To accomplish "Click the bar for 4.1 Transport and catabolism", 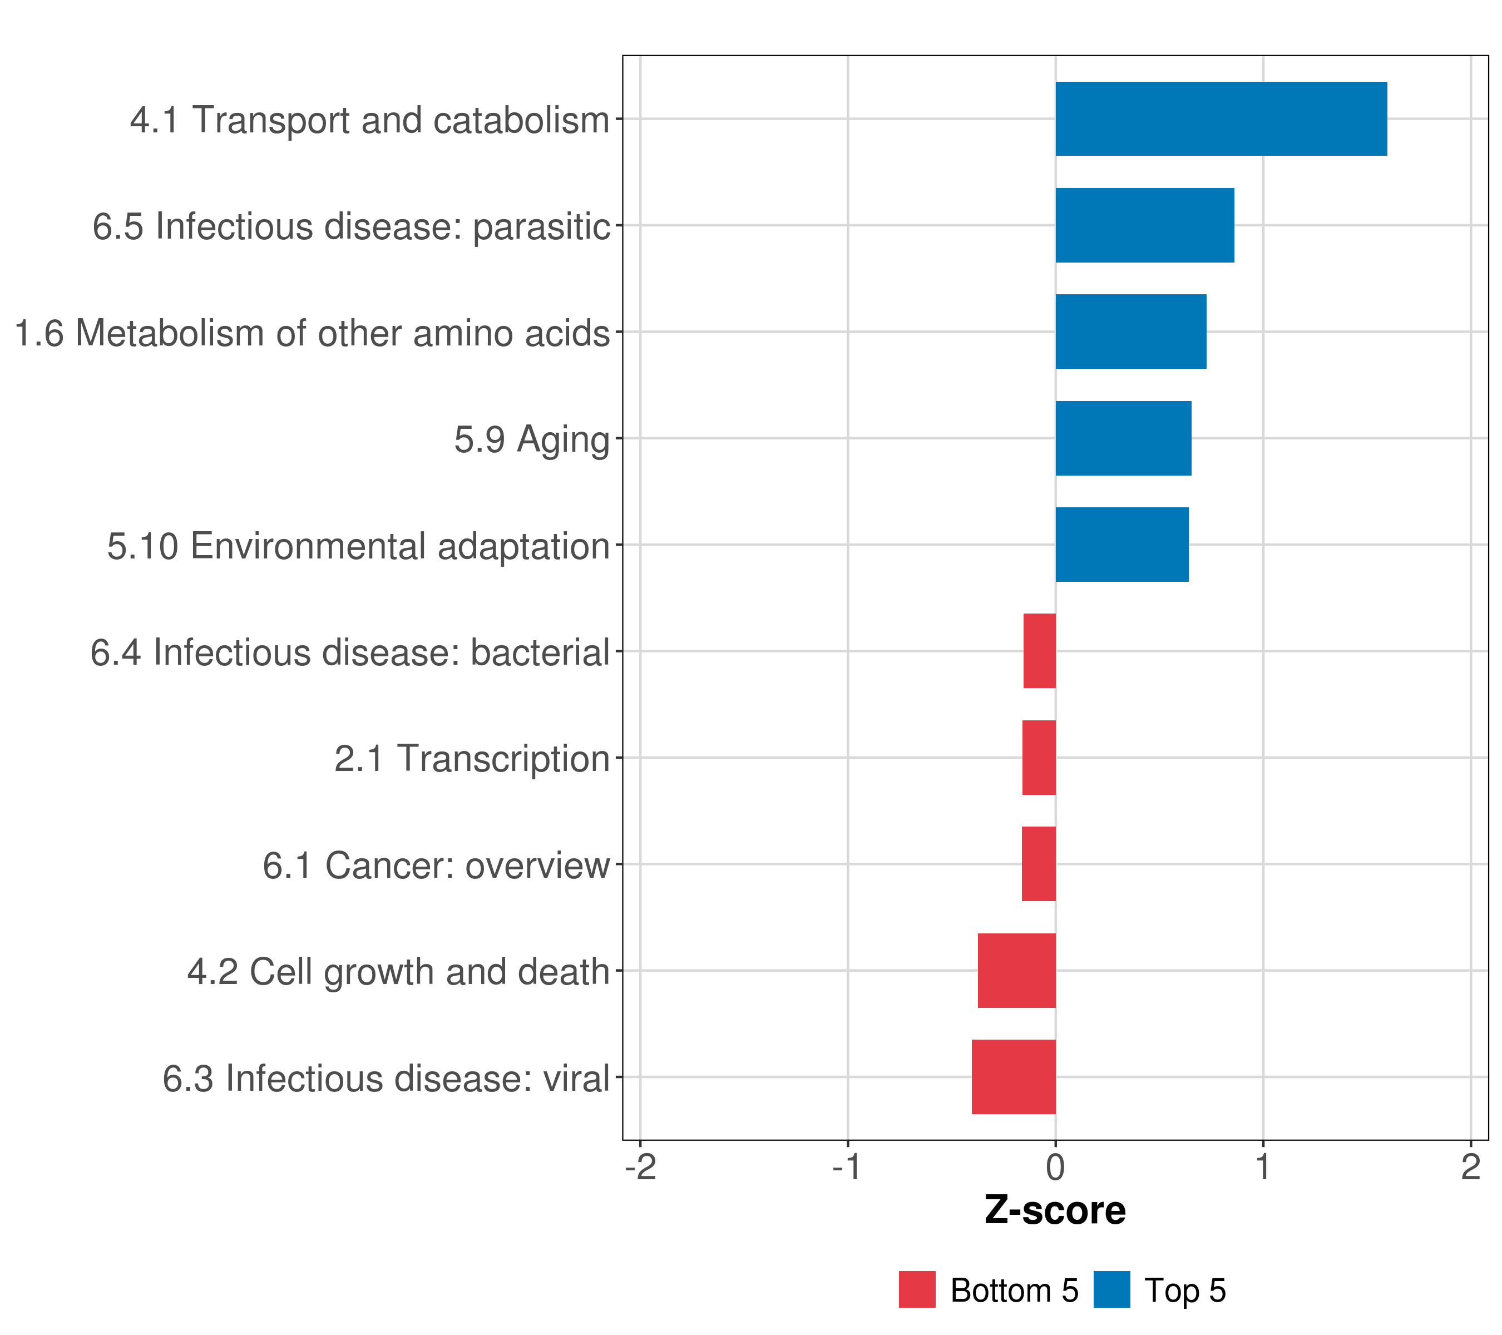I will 1221,119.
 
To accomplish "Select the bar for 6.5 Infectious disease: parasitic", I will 1144,226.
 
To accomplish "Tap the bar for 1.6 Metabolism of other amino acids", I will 1130,332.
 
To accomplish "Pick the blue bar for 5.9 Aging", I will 1123,439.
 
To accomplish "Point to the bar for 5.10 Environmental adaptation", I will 1121,545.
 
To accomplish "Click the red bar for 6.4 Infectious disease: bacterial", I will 1039,651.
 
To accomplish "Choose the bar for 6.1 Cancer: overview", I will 1038,864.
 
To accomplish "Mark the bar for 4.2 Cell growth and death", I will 1016,971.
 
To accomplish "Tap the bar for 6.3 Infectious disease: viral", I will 1014,1077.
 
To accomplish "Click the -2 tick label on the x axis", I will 640,1168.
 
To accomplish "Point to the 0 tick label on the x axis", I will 1055,1168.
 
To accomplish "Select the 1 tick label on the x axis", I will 1262,1168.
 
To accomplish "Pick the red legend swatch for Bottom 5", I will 917,1289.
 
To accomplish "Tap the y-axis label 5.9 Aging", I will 531,440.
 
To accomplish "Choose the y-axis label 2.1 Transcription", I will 472,759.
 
